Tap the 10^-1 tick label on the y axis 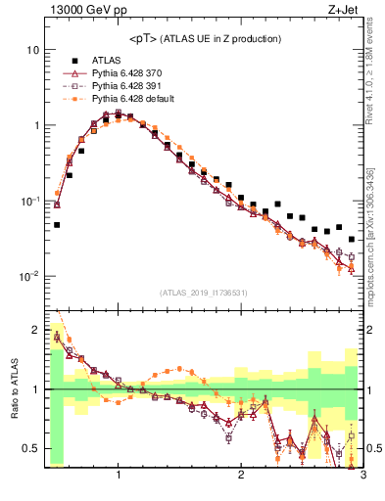point(29,201)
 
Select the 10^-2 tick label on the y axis point(29,277)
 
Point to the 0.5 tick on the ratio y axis point(31,449)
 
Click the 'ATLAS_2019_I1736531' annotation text point(203,293)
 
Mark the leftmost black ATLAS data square point(57,225)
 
